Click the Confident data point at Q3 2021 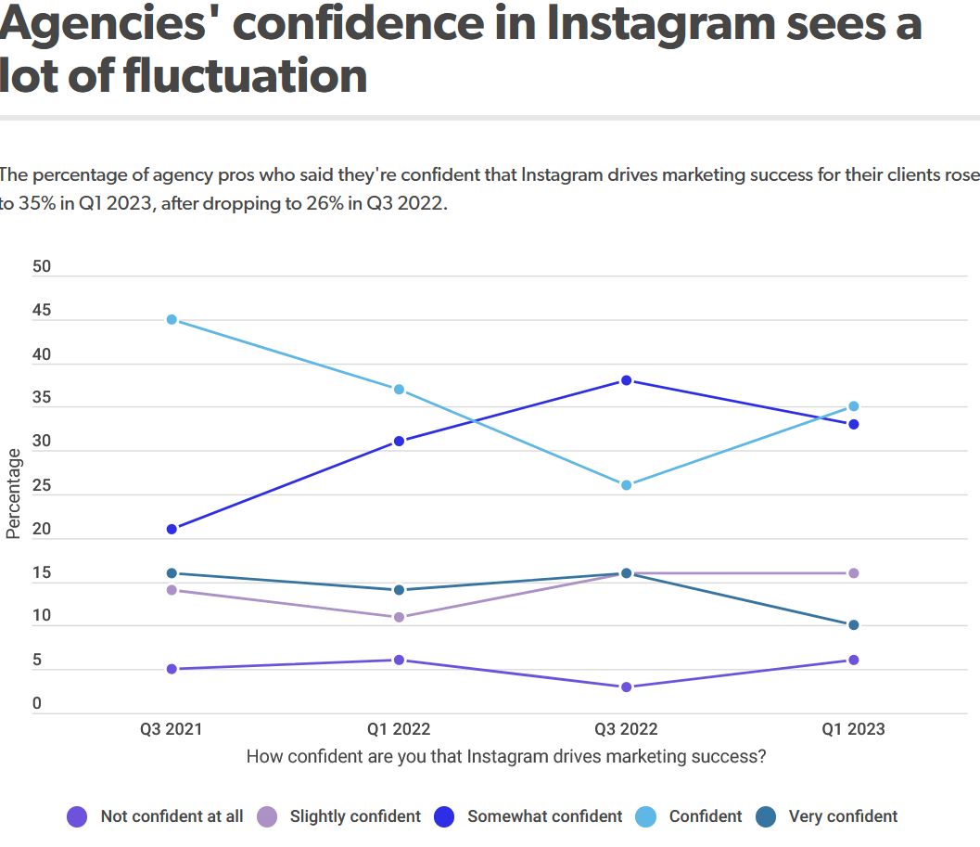172,320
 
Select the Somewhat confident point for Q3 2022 626,380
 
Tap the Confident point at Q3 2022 626,485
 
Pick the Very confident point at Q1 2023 853,625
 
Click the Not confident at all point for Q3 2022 626,687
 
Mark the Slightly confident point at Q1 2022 399,617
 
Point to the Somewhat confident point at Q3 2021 172,529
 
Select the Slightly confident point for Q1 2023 853,573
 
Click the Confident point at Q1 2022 399,390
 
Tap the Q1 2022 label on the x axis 399,729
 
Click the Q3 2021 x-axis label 172,729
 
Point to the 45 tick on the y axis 42,312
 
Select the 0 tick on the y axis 37,704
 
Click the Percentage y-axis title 14,493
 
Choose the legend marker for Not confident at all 78,816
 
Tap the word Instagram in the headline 650,23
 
